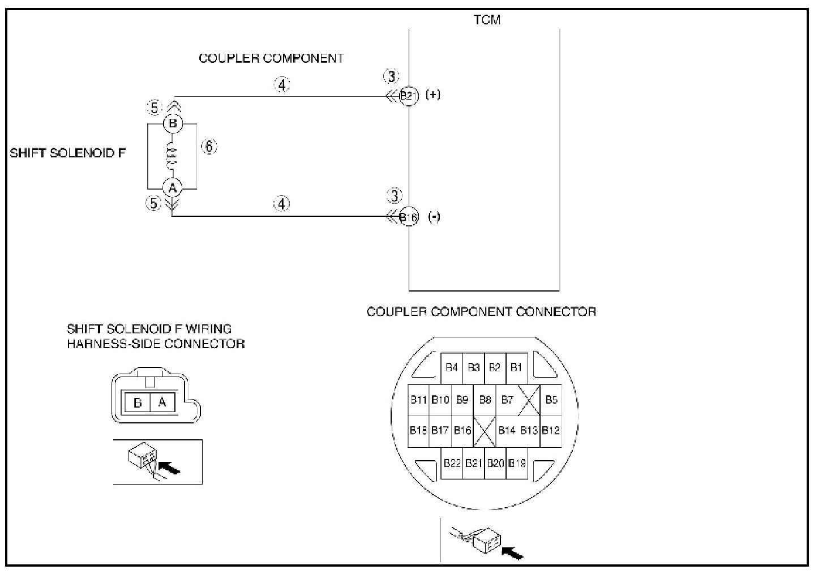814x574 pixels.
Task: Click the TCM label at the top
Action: (487, 20)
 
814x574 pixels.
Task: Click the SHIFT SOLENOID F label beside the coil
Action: (68, 153)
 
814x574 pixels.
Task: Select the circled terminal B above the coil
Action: (173, 123)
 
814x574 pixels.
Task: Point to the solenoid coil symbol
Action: (173, 155)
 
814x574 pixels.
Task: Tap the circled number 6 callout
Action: (209, 147)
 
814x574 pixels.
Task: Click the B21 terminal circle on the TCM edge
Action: (409, 96)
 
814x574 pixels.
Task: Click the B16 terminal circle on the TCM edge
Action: (409, 217)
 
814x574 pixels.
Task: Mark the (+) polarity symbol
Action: (433, 95)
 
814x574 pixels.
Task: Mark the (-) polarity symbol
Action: (434, 217)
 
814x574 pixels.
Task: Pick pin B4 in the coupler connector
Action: (452, 367)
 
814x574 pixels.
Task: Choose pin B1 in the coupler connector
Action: (516, 367)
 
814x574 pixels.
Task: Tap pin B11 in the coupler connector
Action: (419, 400)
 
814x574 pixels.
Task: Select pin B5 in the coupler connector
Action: (551, 400)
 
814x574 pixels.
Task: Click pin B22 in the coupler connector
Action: (452, 464)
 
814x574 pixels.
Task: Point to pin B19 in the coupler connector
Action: (517, 464)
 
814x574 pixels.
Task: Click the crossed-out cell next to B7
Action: (529, 400)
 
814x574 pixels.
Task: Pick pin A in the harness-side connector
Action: (162, 402)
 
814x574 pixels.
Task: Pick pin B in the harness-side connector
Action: (137, 402)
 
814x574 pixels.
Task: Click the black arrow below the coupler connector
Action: (513, 552)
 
